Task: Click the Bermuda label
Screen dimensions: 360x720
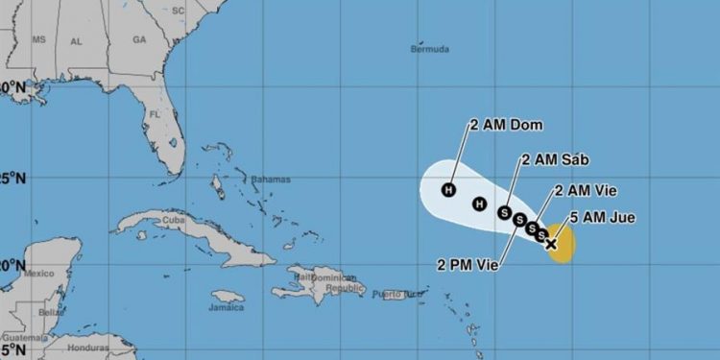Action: [x=429, y=49]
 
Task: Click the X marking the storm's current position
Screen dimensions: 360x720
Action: [x=551, y=244]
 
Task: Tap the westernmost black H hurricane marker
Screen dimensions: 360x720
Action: [x=448, y=189]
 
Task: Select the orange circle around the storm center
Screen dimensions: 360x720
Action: [x=563, y=244]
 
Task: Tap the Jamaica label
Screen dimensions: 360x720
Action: [x=227, y=307]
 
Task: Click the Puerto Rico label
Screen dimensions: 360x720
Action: [x=397, y=293]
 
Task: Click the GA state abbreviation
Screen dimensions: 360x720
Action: [x=139, y=40]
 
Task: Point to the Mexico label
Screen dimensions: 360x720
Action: [x=37, y=273]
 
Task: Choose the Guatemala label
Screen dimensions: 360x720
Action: [x=21, y=339]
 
